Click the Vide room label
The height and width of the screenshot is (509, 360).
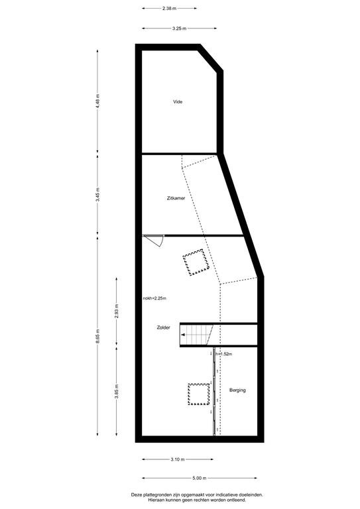178,102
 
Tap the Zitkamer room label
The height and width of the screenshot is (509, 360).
176,198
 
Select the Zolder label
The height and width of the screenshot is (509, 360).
163,328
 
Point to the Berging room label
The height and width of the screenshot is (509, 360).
237,390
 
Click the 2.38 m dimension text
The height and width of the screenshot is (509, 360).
170,9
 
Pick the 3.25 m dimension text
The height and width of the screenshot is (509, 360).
179,28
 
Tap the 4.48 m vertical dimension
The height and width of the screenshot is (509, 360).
97,101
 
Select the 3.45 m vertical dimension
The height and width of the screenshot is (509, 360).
97,195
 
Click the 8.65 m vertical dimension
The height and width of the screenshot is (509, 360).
97,337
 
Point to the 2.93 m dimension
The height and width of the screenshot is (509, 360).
117,311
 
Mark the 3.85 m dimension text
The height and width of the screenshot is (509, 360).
117,391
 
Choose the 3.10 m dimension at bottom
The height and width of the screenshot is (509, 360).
178,459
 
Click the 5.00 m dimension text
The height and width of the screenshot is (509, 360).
200,478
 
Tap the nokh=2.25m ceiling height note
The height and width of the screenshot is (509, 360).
154,298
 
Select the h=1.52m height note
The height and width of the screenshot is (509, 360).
224,354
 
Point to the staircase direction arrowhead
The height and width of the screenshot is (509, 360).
184,335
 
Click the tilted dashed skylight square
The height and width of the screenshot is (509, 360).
196,262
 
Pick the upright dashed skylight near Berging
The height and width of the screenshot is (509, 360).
199,394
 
